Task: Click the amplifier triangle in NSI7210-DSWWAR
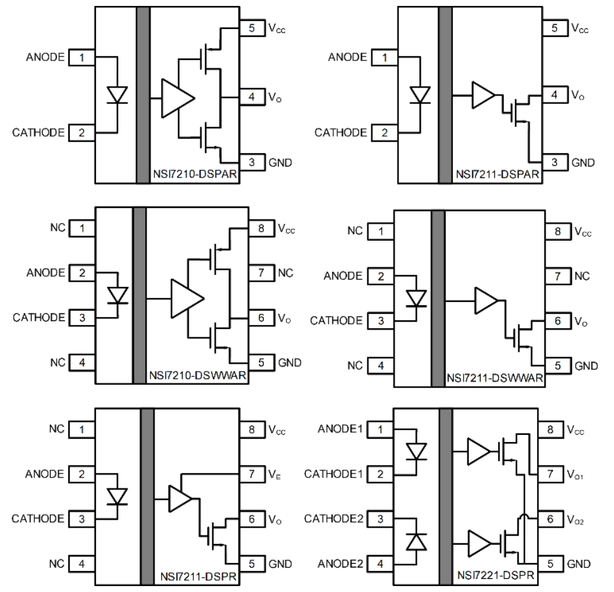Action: tap(188, 299)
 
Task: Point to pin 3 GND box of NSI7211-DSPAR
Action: tap(554, 162)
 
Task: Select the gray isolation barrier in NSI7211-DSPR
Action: tap(147, 496)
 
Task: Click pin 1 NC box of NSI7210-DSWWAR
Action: tap(83, 228)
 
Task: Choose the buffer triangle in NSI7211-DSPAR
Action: tap(483, 95)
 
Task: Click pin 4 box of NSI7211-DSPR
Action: tap(82, 564)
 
